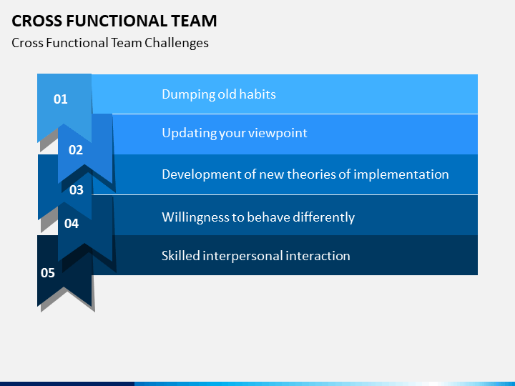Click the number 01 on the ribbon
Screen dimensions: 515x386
click(60, 99)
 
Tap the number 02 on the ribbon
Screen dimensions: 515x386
click(76, 150)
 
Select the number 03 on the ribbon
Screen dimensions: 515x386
click(77, 190)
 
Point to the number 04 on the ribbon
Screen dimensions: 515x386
click(72, 224)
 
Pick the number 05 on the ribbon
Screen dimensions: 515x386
click(48, 273)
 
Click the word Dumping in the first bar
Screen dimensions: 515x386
click(188, 95)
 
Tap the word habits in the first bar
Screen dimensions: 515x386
click(257, 94)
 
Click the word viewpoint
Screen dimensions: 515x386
click(278, 134)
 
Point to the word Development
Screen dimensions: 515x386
click(201, 174)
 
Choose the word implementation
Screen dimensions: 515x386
click(401, 174)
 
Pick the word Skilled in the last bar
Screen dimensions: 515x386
click(181, 256)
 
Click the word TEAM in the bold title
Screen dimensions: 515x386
click(194, 21)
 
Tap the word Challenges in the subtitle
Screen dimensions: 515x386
click(177, 44)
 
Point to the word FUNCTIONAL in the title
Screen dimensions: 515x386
click(117, 21)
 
